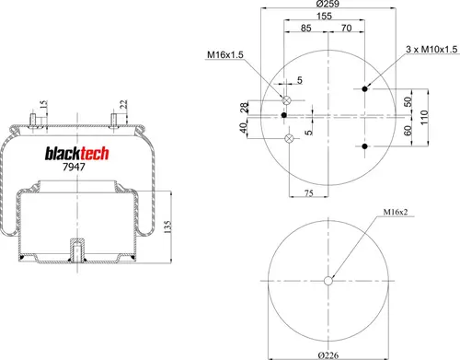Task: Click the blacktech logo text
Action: pyautogui.click(x=77, y=154)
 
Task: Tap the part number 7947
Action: pyautogui.click(x=74, y=167)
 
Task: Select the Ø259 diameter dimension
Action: pyautogui.click(x=328, y=4)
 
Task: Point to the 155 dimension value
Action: pyautogui.click(x=324, y=16)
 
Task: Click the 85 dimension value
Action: pyautogui.click(x=305, y=28)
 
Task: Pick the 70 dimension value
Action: pyautogui.click(x=346, y=28)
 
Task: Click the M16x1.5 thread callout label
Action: pyautogui.click(x=225, y=54)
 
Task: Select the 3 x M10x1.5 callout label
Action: pyautogui.click(x=431, y=49)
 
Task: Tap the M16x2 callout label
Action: pyautogui.click(x=396, y=212)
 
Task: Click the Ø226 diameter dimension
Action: pyautogui.click(x=328, y=355)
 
